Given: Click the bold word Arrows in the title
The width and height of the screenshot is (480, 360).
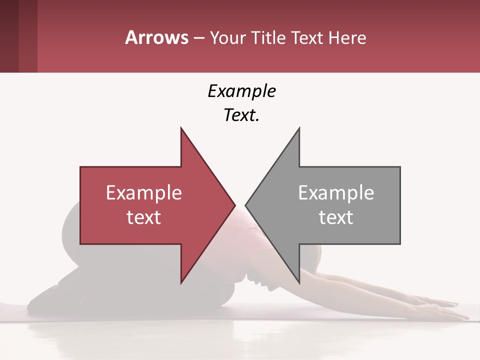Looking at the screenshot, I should pos(156,37).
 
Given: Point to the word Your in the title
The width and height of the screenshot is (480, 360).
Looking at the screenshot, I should pos(226,38).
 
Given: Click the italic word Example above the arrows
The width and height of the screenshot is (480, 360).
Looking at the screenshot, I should pos(241,91).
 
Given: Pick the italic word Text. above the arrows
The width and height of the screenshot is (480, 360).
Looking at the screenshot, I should pos(241,115).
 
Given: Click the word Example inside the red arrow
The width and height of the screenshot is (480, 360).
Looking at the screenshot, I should pos(143,193).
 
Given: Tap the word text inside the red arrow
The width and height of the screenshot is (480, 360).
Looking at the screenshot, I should pos(143,217).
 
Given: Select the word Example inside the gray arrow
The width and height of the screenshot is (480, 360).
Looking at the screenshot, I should pos(336,193).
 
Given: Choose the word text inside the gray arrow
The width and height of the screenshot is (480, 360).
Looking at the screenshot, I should pos(336,217).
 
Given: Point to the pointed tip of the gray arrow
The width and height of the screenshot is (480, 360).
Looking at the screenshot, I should pos(246,205).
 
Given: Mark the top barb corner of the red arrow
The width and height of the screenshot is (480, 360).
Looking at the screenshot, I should pos(181,128).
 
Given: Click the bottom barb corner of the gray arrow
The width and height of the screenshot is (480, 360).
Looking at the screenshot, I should pos(299,282).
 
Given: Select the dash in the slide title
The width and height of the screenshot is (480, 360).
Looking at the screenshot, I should pos(198,38).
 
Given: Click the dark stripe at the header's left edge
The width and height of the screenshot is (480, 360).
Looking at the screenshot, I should pos(9,36).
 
